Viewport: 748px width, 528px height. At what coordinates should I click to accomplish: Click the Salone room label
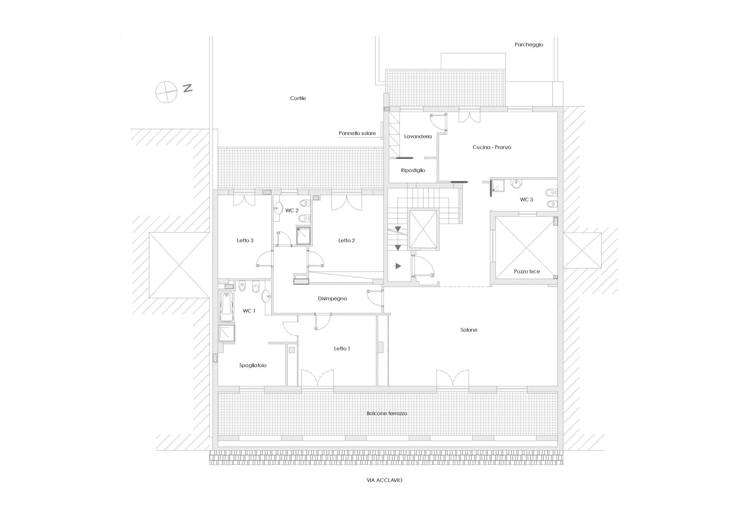469,330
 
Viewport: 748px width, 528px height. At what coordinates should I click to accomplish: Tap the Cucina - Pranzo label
492,147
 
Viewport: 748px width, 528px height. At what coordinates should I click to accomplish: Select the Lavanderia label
418,137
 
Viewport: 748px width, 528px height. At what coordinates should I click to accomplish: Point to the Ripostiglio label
413,170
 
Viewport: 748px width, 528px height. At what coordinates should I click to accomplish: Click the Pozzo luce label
527,271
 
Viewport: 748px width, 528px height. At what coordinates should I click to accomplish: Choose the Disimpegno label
332,299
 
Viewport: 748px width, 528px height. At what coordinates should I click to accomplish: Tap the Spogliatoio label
253,365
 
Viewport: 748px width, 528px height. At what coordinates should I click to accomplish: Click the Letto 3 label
245,241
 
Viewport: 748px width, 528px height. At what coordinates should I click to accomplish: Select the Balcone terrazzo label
387,413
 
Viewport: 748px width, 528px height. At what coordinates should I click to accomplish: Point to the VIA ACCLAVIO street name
385,480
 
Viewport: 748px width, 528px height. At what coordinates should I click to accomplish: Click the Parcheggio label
529,45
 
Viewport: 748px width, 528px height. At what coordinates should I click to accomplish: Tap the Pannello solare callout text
357,133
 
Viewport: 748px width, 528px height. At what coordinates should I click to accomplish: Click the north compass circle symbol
166,92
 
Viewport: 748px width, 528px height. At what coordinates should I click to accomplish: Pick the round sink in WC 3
516,184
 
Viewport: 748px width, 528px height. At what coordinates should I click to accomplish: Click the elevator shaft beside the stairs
423,229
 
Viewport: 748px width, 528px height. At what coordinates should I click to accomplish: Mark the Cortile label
298,98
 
